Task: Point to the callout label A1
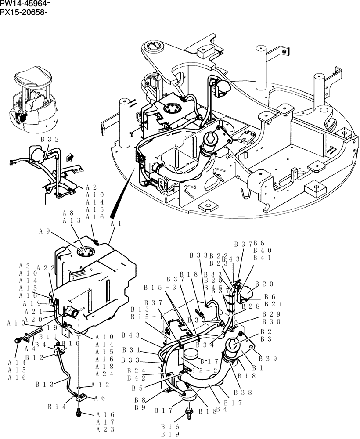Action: [115, 223]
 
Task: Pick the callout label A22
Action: [45, 268]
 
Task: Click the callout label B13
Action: [45, 384]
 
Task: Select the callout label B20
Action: [264, 284]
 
